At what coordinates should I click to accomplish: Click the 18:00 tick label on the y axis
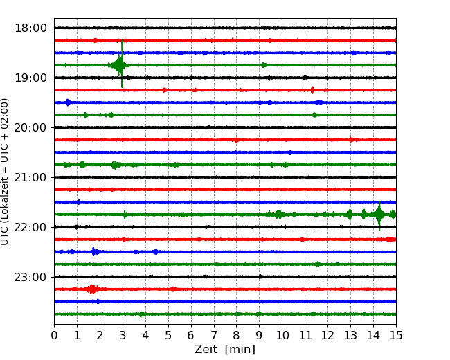(x=30, y=28)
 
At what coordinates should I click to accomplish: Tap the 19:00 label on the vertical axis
(x=30, y=78)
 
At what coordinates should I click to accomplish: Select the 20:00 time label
(x=30, y=127)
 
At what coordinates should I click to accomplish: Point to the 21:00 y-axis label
(x=30, y=177)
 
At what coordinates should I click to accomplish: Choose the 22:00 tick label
(x=30, y=227)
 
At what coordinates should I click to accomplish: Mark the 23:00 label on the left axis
(x=30, y=277)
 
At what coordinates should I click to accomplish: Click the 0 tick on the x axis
(x=54, y=335)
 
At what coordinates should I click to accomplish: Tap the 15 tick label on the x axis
(x=396, y=335)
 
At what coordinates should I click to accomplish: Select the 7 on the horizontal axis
(x=214, y=335)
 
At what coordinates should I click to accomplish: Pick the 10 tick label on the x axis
(x=282, y=335)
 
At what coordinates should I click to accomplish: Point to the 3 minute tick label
(x=123, y=335)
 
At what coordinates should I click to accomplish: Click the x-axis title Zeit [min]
(x=225, y=350)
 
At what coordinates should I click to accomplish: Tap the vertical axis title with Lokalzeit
(x=4, y=172)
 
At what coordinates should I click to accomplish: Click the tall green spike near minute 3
(x=122, y=64)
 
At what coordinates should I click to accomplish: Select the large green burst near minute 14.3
(x=379, y=215)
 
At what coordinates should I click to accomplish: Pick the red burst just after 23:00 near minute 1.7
(x=92, y=289)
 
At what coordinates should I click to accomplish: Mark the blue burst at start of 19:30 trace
(x=68, y=102)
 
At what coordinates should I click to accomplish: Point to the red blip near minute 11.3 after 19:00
(x=312, y=90)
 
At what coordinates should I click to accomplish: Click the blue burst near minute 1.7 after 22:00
(x=94, y=252)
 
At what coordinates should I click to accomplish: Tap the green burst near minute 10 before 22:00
(x=278, y=215)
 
